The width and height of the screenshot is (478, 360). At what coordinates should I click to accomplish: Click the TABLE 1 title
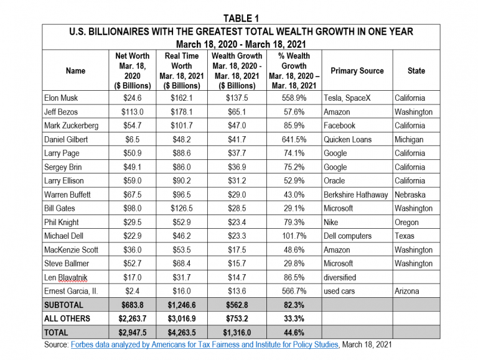pos(241,18)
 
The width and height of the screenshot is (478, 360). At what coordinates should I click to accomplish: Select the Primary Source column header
pos(357,71)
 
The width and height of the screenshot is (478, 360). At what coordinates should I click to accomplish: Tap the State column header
pos(416,71)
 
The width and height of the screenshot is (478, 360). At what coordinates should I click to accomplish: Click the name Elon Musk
pos(61,98)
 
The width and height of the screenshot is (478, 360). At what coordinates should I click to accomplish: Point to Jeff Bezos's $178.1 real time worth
pos(181,112)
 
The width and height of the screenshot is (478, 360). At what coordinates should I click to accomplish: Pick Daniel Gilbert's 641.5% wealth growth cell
pos(294,139)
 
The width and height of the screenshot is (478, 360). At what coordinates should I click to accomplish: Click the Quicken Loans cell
pos(347,139)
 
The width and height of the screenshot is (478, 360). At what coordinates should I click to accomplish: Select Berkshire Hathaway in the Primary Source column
pos(356,195)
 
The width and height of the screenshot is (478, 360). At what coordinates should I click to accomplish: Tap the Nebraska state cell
pos(410,195)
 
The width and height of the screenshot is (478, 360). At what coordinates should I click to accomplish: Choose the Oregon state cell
pos(406,223)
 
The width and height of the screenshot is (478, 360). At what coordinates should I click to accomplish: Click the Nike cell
pos(330,223)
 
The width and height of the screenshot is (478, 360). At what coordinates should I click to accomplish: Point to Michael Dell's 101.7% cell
pos(294,236)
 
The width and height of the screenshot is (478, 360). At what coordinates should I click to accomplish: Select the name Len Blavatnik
pos(65,277)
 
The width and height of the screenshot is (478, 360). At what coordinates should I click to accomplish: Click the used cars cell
pos(339,291)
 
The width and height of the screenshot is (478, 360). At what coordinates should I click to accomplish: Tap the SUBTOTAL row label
pos(63,305)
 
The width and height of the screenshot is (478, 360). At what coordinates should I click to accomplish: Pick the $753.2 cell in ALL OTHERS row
pos(237,318)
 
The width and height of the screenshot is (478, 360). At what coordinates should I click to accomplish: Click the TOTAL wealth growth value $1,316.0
pos(237,333)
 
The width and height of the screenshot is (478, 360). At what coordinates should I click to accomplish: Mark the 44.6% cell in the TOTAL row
pos(294,333)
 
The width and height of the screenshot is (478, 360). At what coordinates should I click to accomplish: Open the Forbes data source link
pos(205,344)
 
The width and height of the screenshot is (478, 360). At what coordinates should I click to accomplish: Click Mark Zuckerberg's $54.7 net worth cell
pos(133,126)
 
